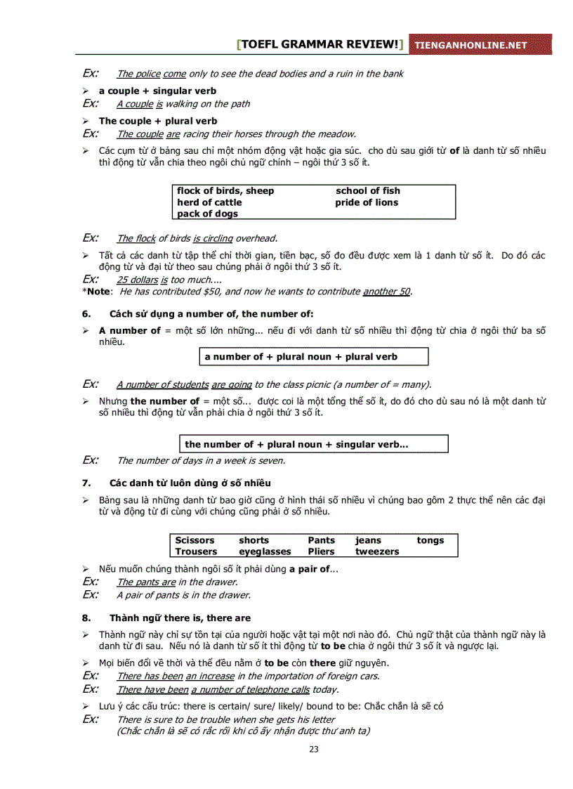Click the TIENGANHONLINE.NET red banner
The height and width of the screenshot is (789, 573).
click(x=480, y=45)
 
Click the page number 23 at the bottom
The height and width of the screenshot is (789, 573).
click(x=314, y=749)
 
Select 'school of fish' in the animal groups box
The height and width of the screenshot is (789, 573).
click(x=367, y=191)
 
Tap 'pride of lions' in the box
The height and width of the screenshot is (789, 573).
click(x=366, y=202)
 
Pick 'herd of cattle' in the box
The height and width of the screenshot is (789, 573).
click(x=209, y=202)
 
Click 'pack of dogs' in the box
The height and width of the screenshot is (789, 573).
click(x=207, y=214)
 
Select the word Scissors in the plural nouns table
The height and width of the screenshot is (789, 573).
click(x=195, y=540)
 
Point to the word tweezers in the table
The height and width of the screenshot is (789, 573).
click(x=376, y=552)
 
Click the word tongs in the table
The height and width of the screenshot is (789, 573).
click(x=430, y=540)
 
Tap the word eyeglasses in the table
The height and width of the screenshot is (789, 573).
click(x=265, y=552)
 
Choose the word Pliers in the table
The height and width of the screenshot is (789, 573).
click(x=321, y=552)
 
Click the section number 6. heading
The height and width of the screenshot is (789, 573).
click(x=87, y=314)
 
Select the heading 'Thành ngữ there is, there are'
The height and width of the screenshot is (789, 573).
click(x=180, y=618)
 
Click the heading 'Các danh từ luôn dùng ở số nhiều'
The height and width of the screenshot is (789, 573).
click(x=190, y=483)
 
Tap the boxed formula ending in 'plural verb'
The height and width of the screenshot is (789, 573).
click(x=313, y=357)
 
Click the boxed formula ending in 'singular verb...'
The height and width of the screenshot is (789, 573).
click(x=314, y=444)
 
